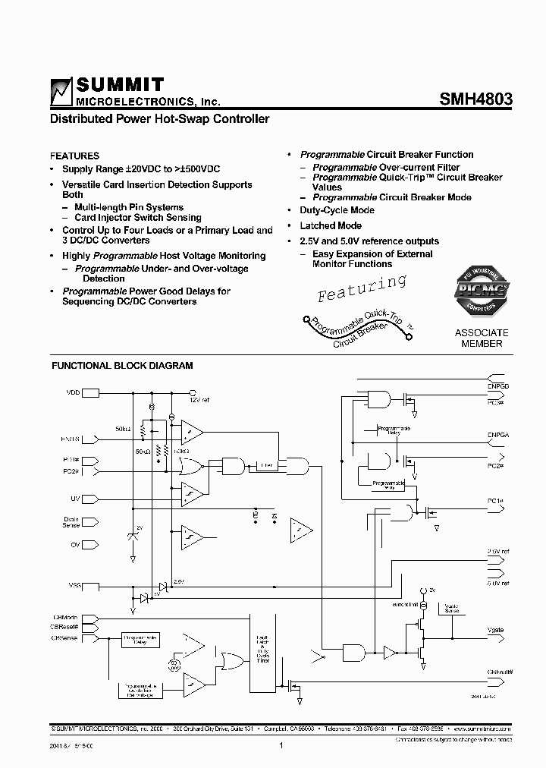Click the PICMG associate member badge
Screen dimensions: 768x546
click(482, 293)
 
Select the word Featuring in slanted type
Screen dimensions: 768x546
click(362, 288)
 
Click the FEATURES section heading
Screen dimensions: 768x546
click(74, 156)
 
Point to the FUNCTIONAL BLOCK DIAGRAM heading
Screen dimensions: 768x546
click(121, 366)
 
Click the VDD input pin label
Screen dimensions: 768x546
click(72, 393)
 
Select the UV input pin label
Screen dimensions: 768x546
click(75, 499)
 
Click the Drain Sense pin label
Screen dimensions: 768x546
click(71, 523)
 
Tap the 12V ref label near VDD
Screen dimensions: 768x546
click(199, 400)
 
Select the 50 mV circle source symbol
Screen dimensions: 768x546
click(174, 665)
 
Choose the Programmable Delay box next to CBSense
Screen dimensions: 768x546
click(140, 641)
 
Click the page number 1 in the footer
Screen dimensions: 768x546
click(281, 745)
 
